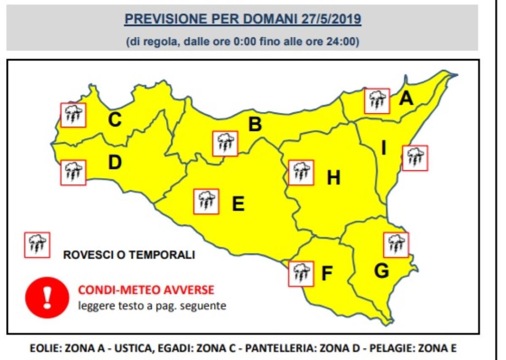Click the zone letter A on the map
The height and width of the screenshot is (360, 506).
pos(406,98)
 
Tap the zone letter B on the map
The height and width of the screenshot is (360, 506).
pos(255,125)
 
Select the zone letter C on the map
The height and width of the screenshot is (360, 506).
pos(115,120)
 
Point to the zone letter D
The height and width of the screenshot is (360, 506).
pos(115,162)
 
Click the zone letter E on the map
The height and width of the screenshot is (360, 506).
pos(238,204)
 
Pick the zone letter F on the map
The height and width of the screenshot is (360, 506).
pos(327,274)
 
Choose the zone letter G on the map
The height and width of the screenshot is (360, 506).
pos(381,271)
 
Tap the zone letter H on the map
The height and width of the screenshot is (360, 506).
pos(334,179)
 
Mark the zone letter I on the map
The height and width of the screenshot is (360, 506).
pos(384,148)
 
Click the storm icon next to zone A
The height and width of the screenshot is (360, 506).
pos(377,101)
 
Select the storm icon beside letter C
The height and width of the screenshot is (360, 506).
pos(73,115)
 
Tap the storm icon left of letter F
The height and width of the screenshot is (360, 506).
pos(301,273)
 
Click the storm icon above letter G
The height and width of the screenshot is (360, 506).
pos(396,244)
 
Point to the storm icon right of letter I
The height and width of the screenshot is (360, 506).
pos(415,158)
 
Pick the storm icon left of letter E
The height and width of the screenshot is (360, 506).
pos(206,201)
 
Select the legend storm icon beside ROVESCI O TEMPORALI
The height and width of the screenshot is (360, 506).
pos(37,245)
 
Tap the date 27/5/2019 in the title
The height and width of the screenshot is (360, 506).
pos(331,19)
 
